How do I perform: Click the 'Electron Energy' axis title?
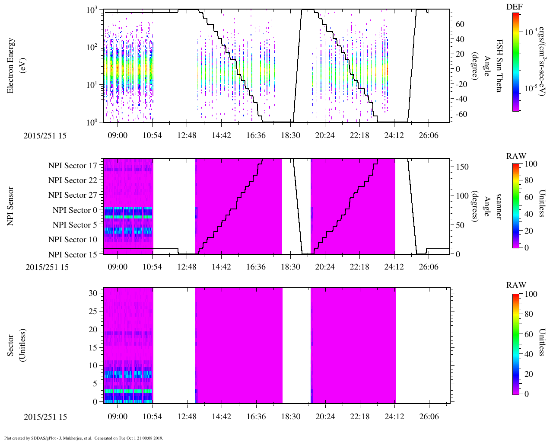(x=11, y=65)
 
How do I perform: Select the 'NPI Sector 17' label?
(x=73, y=166)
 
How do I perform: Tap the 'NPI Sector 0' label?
(x=75, y=210)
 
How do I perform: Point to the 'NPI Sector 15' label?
(x=73, y=254)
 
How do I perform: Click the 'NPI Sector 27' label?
(x=73, y=195)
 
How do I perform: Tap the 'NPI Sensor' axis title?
(x=11, y=206)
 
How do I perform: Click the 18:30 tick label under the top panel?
(x=290, y=135)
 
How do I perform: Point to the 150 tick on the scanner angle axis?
(x=462, y=167)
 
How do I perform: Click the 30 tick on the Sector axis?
(x=93, y=293)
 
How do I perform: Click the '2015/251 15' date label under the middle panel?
(x=47, y=267)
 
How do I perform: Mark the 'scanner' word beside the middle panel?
(x=499, y=206)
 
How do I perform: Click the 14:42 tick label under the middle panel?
(x=221, y=267)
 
